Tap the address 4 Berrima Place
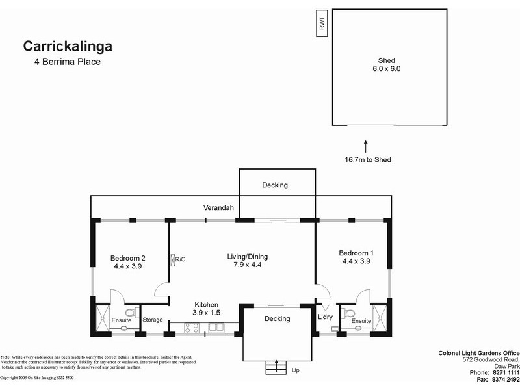coord(68,62)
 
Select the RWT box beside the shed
coord(322,24)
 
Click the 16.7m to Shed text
coord(368,159)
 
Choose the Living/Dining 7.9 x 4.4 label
coord(247,261)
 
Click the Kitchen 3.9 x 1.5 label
coord(207,309)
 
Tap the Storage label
coord(153,320)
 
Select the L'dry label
coord(325,317)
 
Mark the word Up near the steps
coord(296,370)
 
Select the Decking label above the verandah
coord(274,185)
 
